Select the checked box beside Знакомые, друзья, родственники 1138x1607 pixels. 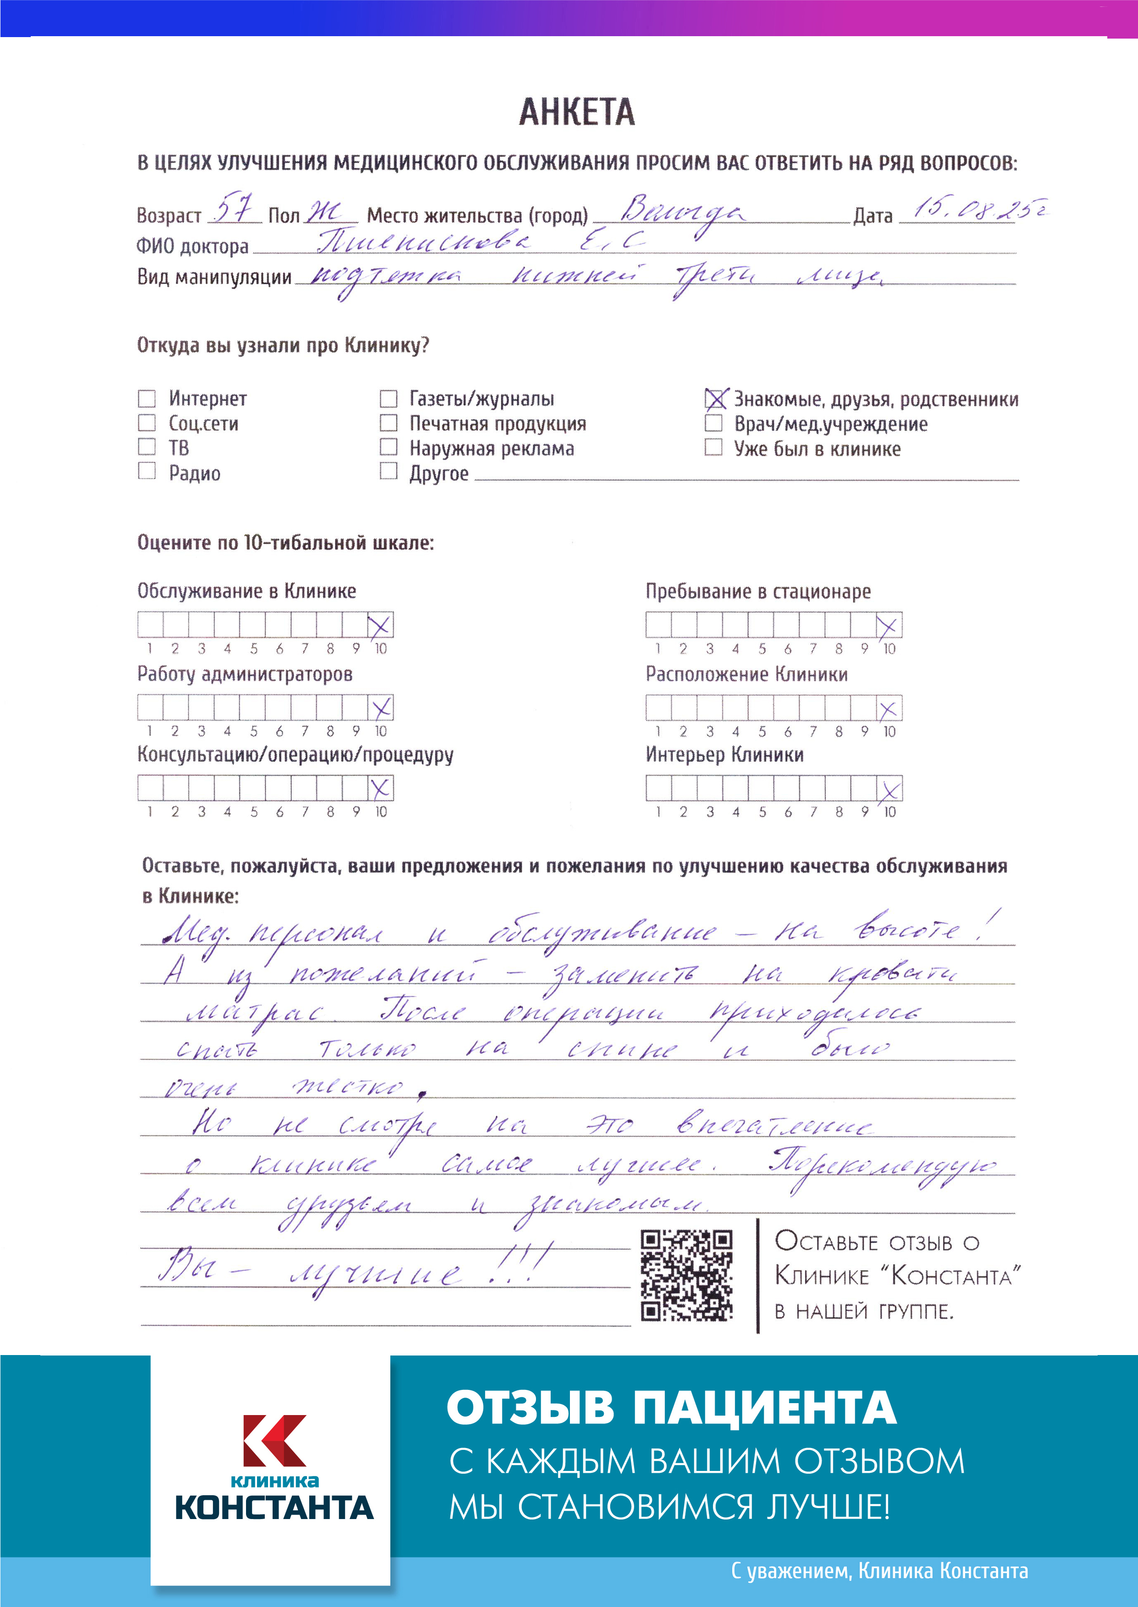(x=714, y=399)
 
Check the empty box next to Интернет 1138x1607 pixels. (x=147, y=399)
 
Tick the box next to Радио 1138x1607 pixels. (x=147, y=471)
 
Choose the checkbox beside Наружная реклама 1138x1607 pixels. (x=388, y=448)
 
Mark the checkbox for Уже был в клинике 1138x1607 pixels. (x=713, y=448)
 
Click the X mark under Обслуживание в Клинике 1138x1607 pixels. (x=380, y=625)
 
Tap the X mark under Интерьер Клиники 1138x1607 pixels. (x=889, y=789)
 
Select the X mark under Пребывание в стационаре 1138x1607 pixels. (x=888, y=626)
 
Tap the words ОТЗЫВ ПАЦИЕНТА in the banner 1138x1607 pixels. (x=671, y=1408)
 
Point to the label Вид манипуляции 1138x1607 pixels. (x=214, y=278)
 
